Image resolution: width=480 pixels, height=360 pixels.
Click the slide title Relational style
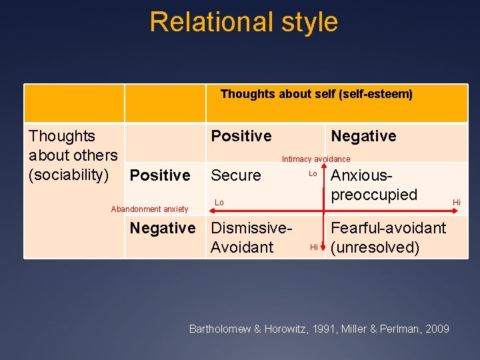243,22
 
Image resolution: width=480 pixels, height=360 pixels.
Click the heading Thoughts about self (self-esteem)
316,94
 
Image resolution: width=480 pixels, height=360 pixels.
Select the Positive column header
241,136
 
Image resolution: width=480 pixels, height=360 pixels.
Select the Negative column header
363,136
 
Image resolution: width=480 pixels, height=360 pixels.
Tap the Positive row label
160,175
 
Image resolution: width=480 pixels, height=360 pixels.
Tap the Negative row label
162,228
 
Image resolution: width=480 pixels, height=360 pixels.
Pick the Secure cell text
236,175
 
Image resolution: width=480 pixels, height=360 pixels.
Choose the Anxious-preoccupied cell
373,185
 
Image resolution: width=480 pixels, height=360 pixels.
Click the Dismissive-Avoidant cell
251,237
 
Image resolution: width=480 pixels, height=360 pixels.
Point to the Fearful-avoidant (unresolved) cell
388,237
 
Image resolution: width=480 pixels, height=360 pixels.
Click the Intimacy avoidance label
315,159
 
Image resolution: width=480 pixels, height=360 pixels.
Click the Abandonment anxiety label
149,209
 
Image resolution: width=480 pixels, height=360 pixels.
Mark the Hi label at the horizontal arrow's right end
457,202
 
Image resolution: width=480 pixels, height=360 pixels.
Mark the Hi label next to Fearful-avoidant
313,247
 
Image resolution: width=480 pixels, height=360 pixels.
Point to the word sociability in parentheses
73,175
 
